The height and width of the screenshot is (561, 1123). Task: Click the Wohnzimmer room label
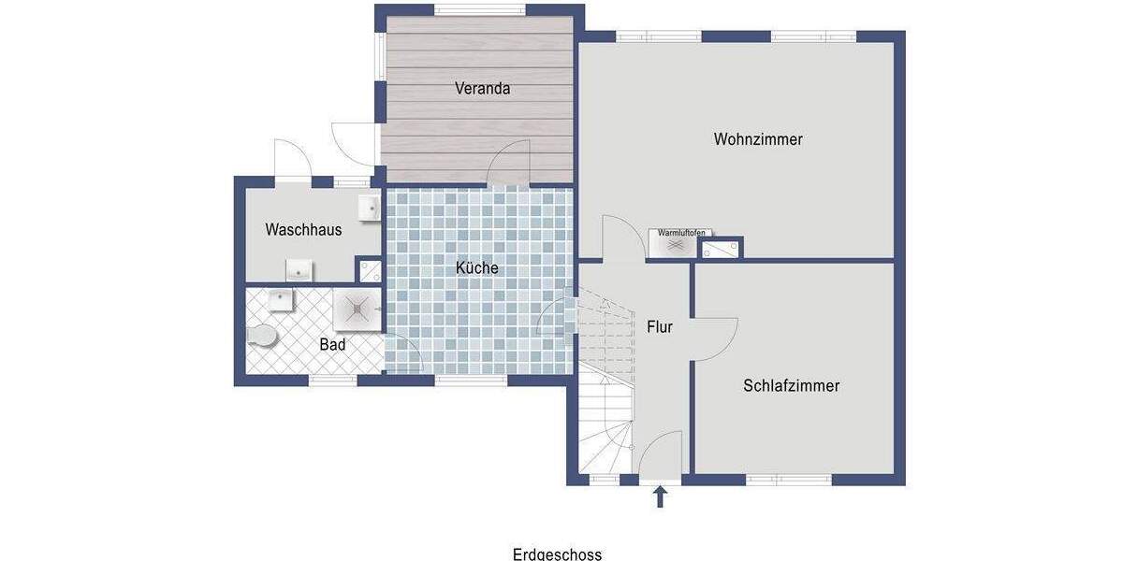(758, 139)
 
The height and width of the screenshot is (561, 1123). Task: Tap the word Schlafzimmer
(792, 385)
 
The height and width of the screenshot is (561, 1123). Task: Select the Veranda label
(482, 89)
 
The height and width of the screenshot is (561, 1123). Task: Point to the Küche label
(476, 267)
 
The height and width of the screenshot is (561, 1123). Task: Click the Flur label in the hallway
(660, 327)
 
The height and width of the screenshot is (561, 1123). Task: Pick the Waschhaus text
(303, 229)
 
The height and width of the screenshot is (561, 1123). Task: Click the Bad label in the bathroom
(332, 344)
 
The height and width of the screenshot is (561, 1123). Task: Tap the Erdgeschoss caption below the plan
(557, 554)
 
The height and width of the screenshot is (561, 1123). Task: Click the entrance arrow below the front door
(660, 496)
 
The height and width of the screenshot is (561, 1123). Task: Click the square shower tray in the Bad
(357, 309)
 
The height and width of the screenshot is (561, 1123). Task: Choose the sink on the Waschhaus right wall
(368, 208)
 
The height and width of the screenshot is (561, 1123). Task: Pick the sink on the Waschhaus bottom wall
(299, 271)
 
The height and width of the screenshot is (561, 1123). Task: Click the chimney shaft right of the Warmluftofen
(721, 249)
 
